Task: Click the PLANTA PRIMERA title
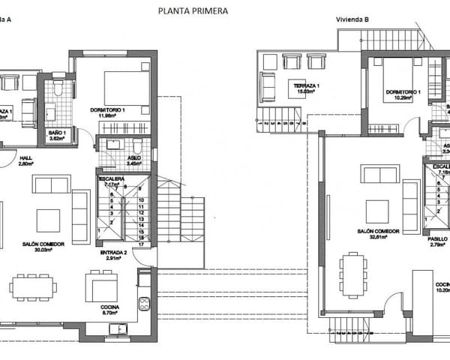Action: (x=193, y=11)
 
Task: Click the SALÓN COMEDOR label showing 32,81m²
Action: (x=378, y=234)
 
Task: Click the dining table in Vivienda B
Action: (x=353, y=276)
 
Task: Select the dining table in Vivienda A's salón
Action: (x=33, y=285)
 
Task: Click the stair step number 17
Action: (x=141, y=244)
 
